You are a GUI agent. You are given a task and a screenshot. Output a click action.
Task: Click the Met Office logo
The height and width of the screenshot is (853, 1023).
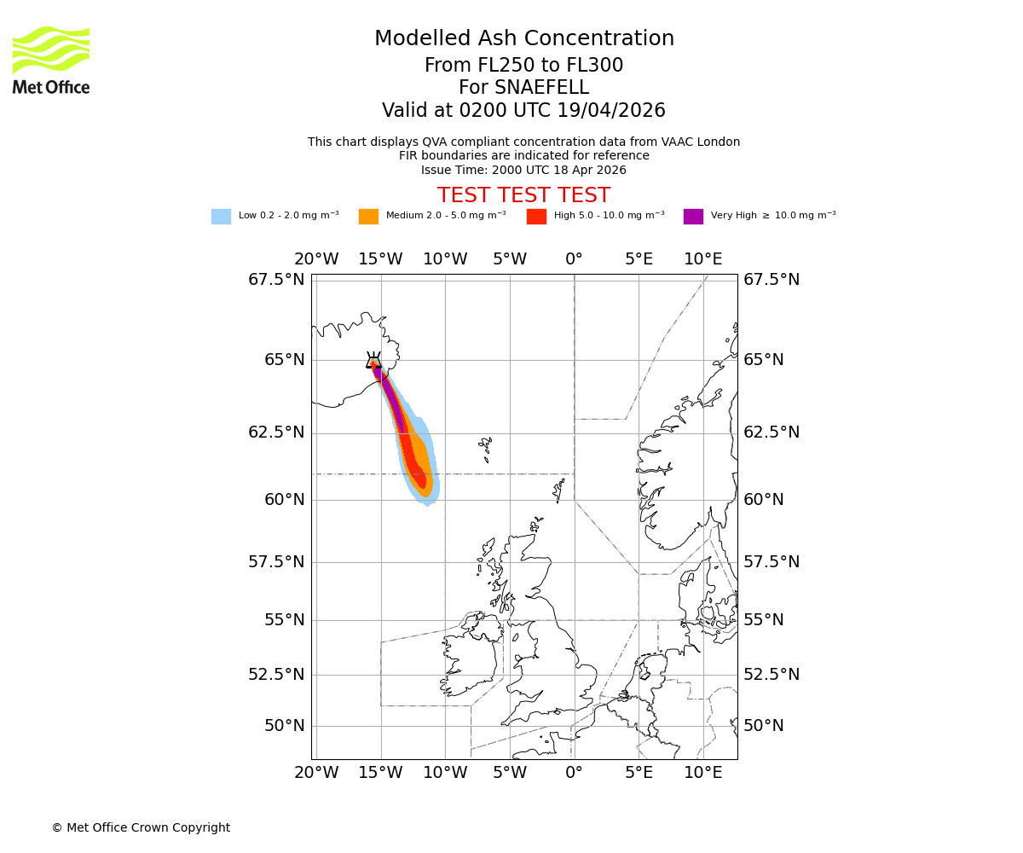[x=51, y=60]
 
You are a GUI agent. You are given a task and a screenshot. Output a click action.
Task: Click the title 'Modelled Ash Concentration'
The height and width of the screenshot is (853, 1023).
[x=523, y=39]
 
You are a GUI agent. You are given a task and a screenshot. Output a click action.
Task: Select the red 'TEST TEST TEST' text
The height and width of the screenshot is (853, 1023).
[x=523, y=195]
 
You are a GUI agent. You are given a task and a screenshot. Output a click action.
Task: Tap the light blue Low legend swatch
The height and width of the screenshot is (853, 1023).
[x=221, y=217]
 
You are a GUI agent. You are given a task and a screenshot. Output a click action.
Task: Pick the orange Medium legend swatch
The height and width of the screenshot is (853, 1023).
[x=368, y=217]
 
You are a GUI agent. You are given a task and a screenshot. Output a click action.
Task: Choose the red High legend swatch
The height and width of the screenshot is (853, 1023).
[x=536, y=217]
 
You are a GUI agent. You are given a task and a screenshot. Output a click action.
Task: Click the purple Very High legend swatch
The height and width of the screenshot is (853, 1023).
[x=693, y=217]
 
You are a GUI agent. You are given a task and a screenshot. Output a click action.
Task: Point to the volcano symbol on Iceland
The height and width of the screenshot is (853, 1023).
[x=373, y=361]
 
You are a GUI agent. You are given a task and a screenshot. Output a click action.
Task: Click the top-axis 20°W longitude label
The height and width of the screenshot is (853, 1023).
[x=316, y=259]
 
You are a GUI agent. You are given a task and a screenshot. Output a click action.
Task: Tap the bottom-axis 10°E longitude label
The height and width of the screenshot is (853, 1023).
[x=703, y=773]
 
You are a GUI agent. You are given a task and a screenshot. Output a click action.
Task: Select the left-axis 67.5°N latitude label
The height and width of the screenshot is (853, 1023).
[x=276, y=280]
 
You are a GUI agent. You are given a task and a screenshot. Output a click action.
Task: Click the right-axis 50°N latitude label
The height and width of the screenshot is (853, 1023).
[x=763, y=726]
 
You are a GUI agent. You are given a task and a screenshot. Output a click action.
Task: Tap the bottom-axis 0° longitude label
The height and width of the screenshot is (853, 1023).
[x=574, y=773]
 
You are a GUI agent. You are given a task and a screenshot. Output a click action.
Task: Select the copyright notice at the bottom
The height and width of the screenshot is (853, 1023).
[x=141, y=827]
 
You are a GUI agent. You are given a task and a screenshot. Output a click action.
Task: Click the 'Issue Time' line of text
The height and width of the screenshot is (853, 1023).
[x=523, y=170]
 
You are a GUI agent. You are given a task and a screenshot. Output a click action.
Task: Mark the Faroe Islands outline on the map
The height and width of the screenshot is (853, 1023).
[x=485, y=447]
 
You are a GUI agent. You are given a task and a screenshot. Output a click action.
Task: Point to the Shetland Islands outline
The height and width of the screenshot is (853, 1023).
[x=559, y=490]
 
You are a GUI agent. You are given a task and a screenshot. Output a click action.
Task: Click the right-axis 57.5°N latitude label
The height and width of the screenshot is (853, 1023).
[x=772, y=561]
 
